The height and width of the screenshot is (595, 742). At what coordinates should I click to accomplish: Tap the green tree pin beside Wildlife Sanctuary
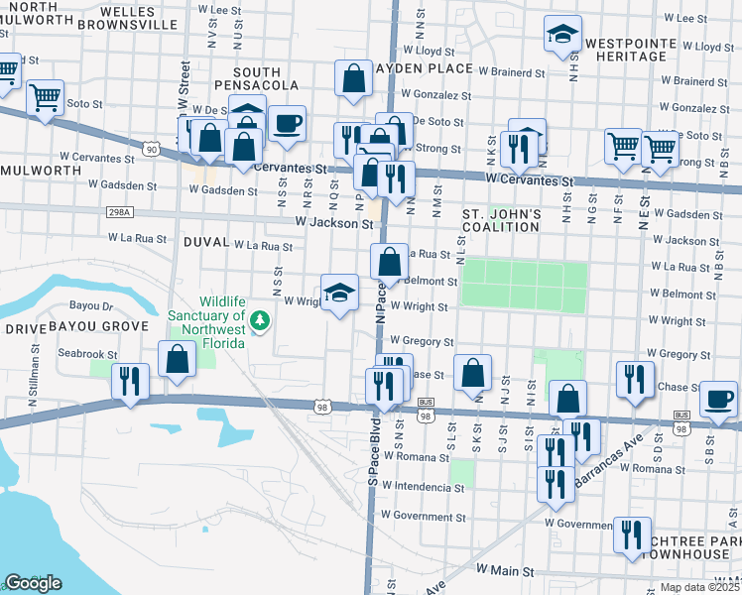coord(260,320)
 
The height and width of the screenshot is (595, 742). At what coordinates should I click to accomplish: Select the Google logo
coord(33,583)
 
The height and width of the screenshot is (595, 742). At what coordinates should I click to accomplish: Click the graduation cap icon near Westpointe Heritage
coord(562,36)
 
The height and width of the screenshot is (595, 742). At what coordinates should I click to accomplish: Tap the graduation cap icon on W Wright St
coord(339,294)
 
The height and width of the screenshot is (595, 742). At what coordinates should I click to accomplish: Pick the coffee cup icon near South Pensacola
coord(287,124)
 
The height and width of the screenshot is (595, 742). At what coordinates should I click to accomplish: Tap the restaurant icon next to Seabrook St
coord(130,382)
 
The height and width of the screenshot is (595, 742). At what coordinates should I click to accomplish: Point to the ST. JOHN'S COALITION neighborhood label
coord(502,221)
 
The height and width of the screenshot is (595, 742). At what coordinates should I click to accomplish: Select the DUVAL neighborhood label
coord(205,242)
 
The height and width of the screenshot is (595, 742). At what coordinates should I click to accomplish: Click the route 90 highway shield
coord(151,149)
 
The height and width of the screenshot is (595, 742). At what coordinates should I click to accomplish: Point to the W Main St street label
coord(505,571)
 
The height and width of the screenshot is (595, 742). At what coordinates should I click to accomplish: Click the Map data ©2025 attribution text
coord(699,587)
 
